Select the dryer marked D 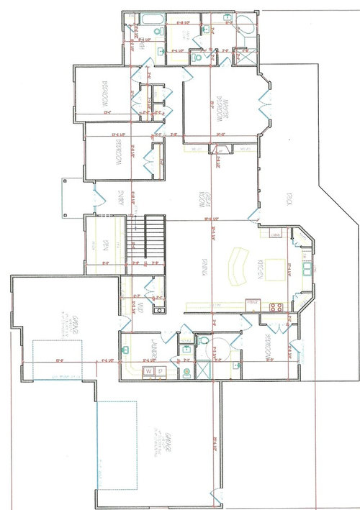[x=161, y=370]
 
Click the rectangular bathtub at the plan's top [x=151, y=19]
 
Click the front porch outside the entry [x=74, y=196]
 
